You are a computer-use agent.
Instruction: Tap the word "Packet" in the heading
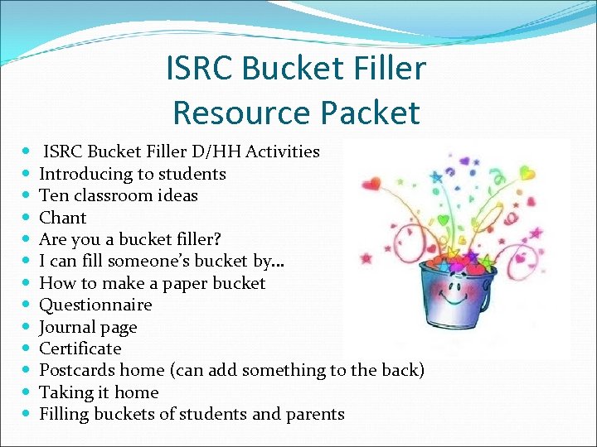(372, 112)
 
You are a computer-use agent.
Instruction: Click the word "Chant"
(63, 218)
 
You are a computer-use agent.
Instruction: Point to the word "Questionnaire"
(96, 305)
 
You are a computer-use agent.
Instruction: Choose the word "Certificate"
(80, 348)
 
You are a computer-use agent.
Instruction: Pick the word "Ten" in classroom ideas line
(52, 195)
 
